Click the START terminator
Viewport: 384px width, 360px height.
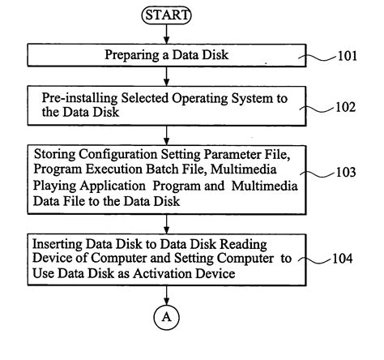click(166, 15)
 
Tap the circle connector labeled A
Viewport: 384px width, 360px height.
click(166, 317)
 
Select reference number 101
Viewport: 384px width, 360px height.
click(348, 56)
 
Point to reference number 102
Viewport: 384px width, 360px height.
click(346, 107)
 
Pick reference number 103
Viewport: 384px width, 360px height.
click(346, 172)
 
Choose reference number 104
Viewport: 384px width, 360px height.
click(343, 259)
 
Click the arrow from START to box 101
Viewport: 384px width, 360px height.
click(166, 34)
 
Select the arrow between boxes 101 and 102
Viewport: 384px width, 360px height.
click(166, 76)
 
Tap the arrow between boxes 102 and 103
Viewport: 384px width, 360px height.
click(166, 135)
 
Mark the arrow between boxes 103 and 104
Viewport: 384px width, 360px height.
click(166, 225)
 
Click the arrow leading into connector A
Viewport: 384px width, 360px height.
click(166, 295)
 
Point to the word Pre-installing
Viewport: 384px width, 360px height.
click(79, 98)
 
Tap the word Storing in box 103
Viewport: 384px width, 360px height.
click(55, 155)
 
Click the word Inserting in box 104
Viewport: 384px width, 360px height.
click(58, 245)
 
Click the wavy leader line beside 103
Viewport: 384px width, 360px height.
click(318, 174)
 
